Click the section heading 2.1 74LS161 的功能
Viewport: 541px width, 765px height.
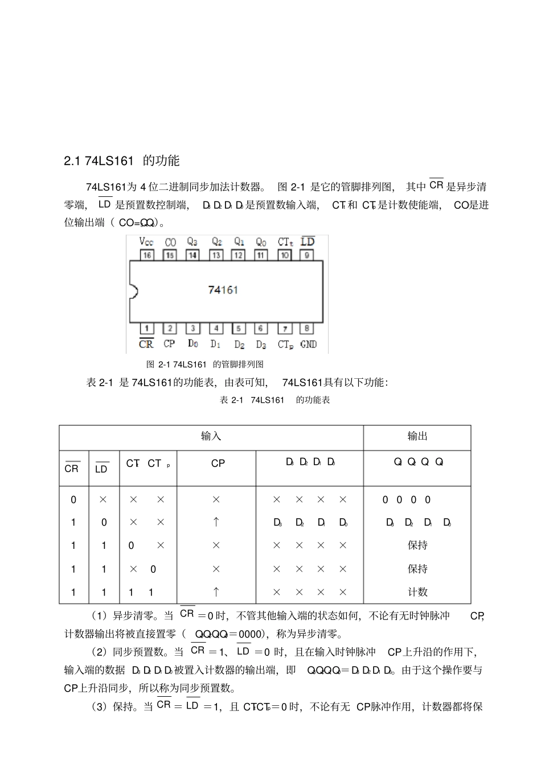click(122, 161)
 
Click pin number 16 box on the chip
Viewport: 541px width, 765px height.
click(147, 255)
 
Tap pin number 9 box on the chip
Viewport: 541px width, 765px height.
click(306, 255)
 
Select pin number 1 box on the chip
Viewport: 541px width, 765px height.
click(146, 328)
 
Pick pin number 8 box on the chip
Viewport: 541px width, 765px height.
click(307, 328)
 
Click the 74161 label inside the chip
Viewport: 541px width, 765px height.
click(223, 290)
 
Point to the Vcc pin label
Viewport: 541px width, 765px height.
click(146, 242)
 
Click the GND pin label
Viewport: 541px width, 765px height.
click(308, 344)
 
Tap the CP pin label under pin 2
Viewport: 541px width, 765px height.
click(169, 344)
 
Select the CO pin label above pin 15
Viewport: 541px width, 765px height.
click(170, 242)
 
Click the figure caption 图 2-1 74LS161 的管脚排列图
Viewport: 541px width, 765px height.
click(205, 364)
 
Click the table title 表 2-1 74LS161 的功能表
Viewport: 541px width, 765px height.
click(275, 400)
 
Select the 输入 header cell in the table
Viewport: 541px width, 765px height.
click(211, 436)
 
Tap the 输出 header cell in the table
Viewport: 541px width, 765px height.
click(417, 436)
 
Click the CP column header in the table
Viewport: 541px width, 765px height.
click(218, 464)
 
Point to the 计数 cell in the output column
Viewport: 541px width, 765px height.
click(417, 592)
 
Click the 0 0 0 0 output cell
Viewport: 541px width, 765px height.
click(407, 500)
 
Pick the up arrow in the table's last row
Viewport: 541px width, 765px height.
click(216, 592)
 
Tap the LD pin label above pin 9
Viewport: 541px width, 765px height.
click(308, 241)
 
